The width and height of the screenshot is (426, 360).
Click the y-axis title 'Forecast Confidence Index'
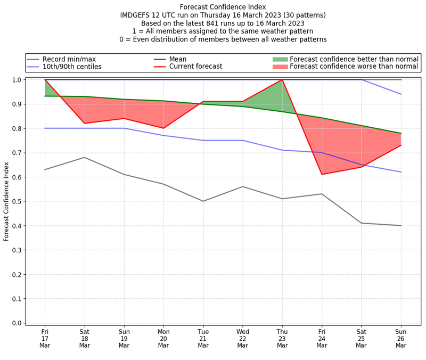(x=6, y=201)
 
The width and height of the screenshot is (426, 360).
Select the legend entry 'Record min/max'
(x=69, y=59)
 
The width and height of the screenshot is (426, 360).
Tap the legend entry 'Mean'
(x=178, y=59)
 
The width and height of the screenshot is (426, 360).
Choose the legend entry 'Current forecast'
(x=195, y=67)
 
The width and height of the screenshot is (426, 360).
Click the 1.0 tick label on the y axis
(x=17, y=80)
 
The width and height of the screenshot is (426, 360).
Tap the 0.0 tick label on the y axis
(x=17, y=323)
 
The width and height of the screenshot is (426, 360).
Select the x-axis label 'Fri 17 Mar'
(x=45, y=338)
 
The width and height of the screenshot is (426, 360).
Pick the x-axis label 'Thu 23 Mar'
(x=282, y=338)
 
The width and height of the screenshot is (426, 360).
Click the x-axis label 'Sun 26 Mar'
(x=401, y=338)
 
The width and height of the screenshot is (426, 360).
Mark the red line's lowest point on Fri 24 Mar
(x=322, y=174)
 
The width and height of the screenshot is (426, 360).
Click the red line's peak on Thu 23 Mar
(x=282, y=80)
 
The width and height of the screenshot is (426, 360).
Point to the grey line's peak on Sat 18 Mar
(x=84, y=157)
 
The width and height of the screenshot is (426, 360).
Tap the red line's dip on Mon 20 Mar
(x=163, y=128)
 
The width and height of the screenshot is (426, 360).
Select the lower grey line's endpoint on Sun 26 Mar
(x=401, y=226)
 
